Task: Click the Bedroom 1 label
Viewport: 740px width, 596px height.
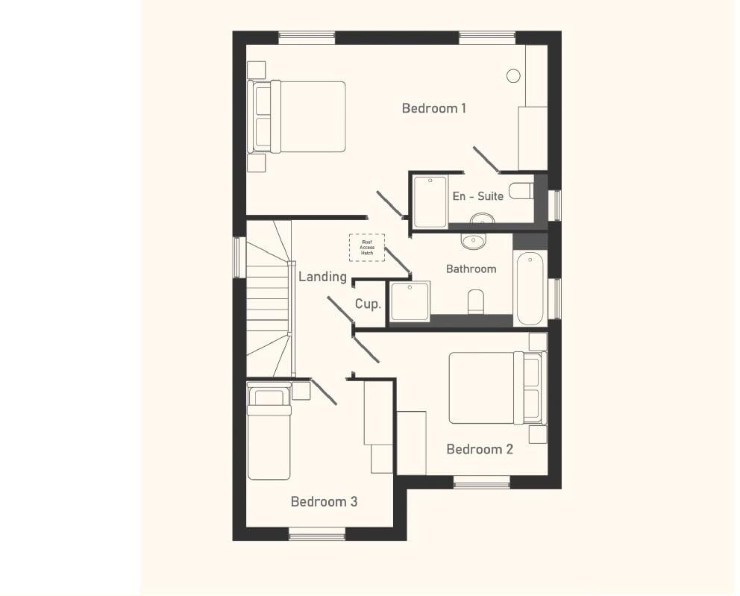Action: pos(433,108)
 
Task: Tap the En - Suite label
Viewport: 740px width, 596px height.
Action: pos(477,196)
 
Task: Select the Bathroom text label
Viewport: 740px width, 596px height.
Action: pos(471,269)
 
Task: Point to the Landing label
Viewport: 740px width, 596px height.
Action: pos(322,277)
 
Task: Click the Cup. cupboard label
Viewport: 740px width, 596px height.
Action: pos(368,304)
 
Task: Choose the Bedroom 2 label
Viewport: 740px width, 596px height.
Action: pos(480,449)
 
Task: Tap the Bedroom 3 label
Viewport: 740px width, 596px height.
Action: pos(324,501)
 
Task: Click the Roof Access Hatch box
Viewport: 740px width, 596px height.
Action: pos(367,248)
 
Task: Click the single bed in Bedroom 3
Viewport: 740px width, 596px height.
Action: pos(269,433)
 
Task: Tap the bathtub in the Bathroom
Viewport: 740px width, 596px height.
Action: pos(530,288)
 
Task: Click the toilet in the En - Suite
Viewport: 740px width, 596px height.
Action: pos(521,191)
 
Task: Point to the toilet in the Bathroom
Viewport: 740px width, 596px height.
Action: pos(476,301)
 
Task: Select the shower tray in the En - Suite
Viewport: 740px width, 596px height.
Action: pos(430,201)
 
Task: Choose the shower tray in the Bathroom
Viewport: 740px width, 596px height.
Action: pos(410,301)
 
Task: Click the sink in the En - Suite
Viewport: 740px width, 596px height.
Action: pos(483,219)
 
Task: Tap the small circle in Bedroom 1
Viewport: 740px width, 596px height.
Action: pos(513,75)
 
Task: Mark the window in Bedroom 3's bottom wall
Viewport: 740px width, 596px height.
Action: pos(317,533)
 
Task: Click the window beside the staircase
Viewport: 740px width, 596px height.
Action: pos(239,257)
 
